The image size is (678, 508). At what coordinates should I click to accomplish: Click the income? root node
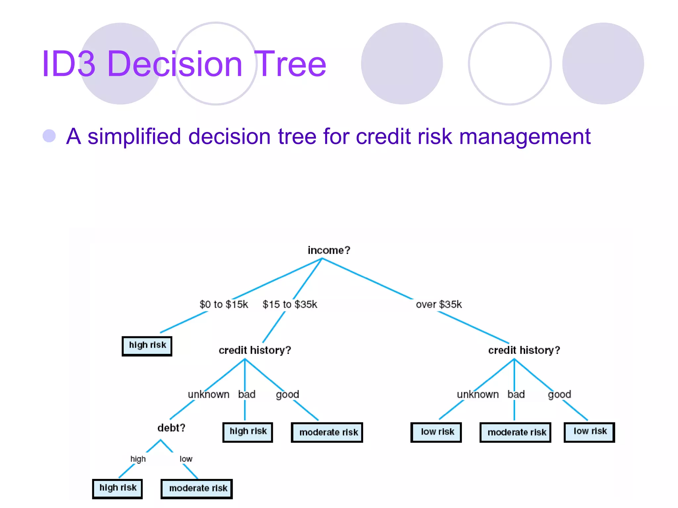pos(328,250)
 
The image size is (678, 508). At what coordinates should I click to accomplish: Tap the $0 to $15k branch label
pos(223,304)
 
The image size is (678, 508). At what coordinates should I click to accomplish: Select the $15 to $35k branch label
pos(290,304)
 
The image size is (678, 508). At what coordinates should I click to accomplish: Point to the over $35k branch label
pos(439,304)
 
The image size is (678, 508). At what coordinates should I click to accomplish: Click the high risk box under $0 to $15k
pos(147,346)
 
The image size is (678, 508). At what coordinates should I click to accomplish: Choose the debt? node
pos(171,428)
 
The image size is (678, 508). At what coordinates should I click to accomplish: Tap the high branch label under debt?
pos(138,459)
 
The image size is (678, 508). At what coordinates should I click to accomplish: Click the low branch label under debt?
pos(186,459)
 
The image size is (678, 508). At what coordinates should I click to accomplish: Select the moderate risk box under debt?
pos(197,489)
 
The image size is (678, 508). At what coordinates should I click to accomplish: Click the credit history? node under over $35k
pos(524,350)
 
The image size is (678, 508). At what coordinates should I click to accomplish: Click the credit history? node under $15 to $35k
pos(255,350)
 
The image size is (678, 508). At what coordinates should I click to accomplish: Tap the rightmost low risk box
pos(589,432)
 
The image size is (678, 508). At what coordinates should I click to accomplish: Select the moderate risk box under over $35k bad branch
pos(515,432)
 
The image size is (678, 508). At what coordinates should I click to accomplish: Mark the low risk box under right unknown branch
pos(436,432)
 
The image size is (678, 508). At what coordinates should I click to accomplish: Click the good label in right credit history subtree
pos(559,395)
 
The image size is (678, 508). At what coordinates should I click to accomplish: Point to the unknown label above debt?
pos(209,395)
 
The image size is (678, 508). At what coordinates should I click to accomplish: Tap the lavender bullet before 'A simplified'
pos(49,136)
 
